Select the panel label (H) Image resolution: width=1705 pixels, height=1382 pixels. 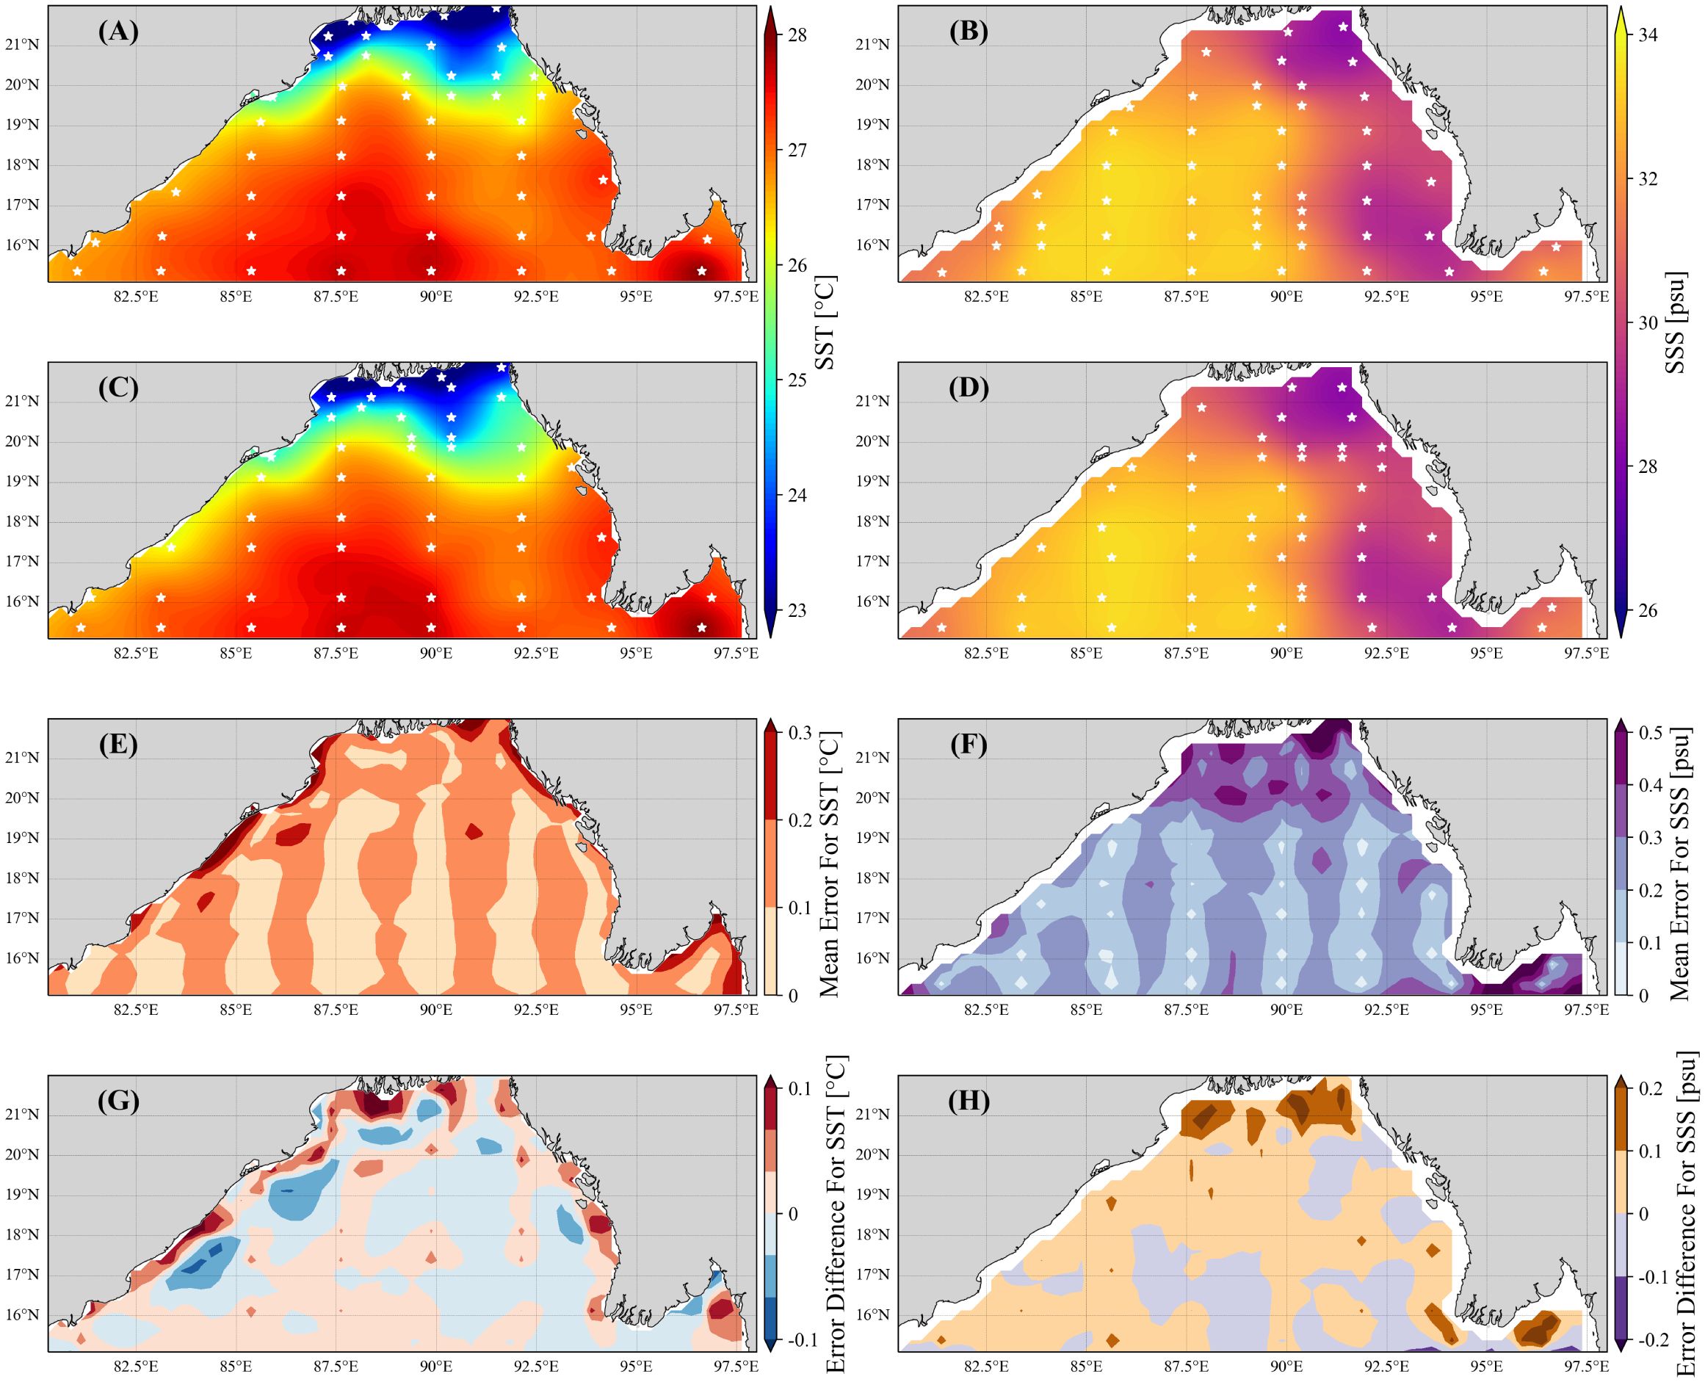(968, 1101)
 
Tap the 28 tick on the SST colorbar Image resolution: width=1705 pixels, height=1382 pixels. (797, 35)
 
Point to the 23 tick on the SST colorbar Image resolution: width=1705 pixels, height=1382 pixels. (797, 611)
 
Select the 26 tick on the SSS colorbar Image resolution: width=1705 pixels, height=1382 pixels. (1648, 611)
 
